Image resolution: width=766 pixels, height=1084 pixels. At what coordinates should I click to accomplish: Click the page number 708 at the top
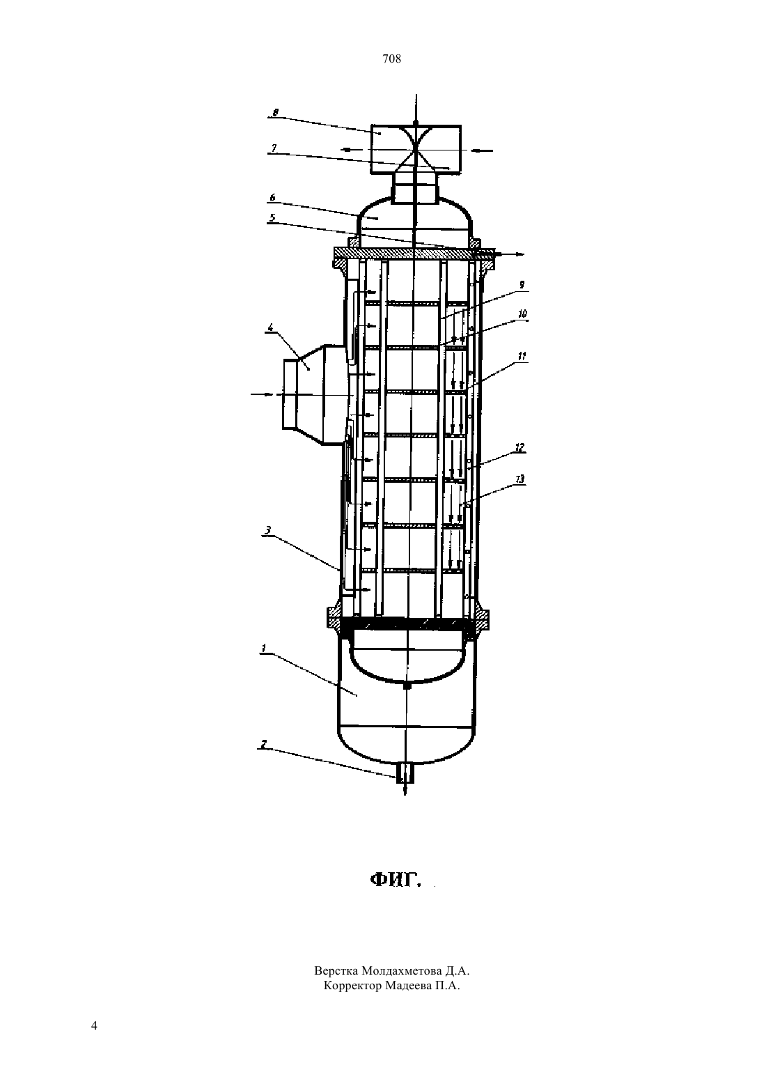pyautogui.click(x=391, y=59)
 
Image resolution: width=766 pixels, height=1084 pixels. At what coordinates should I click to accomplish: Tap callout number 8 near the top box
pyautogui.click(x=275, y=113)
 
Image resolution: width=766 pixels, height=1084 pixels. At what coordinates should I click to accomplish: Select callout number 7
pyautogui.click(x=274, y=148)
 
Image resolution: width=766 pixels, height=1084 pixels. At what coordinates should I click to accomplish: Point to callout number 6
pyautogui.click(x=273, y=197)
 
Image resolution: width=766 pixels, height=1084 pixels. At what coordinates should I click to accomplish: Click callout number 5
pyautogui.click(x=273, y=218)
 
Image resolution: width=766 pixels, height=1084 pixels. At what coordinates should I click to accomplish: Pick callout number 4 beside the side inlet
pyautogui.click(x=271, y=327)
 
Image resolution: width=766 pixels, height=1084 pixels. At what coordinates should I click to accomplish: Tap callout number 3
pyautogui.click(x=268, y=530)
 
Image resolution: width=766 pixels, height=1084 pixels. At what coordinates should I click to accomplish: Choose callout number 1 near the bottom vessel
pyautogui.click(x=264, y=648)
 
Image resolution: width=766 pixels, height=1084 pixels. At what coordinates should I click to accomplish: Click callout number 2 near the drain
pyautogui.click(x=263, y=744)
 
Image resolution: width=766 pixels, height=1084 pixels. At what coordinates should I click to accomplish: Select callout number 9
pyautogui.click(x=522, y=285)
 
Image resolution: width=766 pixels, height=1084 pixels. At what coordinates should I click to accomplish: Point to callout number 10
pyautogui.click(x=522, y=313)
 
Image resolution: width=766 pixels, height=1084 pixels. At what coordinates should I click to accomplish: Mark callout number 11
pyautogui.click(x=522, y=357)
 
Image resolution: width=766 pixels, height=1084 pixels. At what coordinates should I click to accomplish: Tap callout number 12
pyautogui.click(x=520, y=448)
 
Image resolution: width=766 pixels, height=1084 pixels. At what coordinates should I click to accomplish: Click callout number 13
pyautogui.click(x=520, y=479)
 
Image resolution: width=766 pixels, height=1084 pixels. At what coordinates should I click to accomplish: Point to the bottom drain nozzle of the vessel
pyautogui.click(x=405, y=773)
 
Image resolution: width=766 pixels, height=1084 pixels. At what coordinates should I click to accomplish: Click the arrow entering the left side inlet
pyautogui.click(x=263, y=395)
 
